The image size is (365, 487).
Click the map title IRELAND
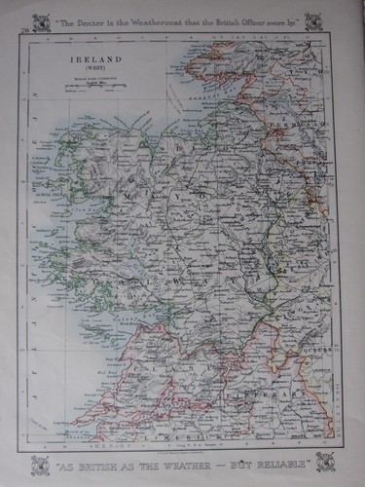89,57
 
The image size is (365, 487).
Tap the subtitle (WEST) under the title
89,66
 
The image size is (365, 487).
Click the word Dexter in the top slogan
97,20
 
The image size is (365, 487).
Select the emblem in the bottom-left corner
40,464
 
